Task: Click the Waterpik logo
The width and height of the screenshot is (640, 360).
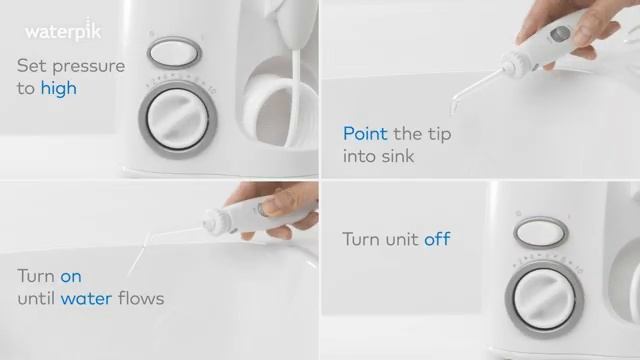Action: [x=63, y=31]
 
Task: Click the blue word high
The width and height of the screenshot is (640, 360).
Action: [x=58, y=88]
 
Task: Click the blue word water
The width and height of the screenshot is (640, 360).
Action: [x=86, y=298]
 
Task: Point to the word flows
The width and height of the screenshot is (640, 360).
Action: [x=140, y=298]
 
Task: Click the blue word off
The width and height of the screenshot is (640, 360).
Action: [x=437, y=239]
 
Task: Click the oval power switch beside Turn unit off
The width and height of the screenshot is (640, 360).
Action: [x=540, y=232]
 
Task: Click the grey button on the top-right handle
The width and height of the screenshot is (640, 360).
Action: [x=560, y=35]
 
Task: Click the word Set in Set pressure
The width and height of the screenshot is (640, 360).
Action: [x=31, y=66]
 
